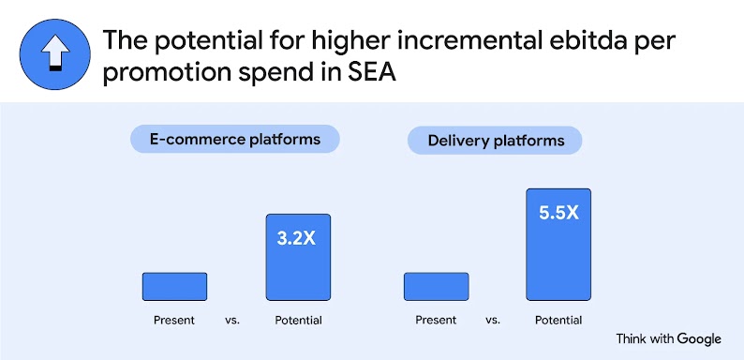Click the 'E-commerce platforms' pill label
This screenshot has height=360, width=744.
(x=234, y=140)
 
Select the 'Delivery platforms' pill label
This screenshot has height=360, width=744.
(x=496, y=141)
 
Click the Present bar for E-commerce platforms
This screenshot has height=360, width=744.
(x=174, y=287)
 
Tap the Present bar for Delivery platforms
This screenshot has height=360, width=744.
(x=436, y=287)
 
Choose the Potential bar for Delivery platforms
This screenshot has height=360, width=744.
(x=558, y=245)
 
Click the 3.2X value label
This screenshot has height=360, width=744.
(x=297, y=238)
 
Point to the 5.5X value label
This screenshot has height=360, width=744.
(x=558, y=213)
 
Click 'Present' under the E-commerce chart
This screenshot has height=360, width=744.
(x=174, y=321)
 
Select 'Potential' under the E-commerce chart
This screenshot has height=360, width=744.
(x=298, y=321)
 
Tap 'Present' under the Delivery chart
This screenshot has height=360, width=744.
(x=436, y=321)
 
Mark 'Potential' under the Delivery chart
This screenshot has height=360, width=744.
(x=558, y=321)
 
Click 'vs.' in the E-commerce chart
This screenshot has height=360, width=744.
(x=233, y=321)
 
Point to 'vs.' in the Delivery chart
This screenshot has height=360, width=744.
(x=494, y=321)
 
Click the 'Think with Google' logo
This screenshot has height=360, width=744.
(x=668, y=338)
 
